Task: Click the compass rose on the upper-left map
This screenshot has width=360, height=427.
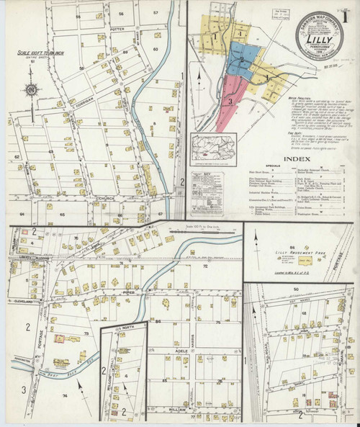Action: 31,90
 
